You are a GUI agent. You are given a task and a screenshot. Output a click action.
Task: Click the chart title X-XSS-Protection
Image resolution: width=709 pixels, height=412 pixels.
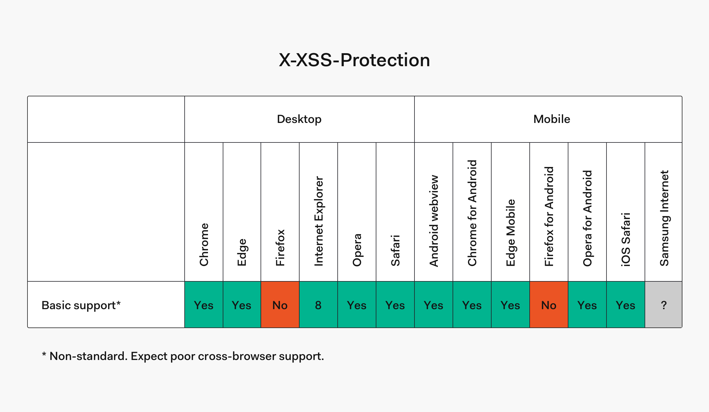[354, 60]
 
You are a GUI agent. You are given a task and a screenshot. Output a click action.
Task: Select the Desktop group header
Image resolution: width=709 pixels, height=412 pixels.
[299, 119]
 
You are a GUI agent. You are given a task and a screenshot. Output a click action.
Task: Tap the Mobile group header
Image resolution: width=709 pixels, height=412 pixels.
[552, 119]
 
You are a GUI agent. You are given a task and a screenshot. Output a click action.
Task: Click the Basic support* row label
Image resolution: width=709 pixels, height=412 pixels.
[81, 305]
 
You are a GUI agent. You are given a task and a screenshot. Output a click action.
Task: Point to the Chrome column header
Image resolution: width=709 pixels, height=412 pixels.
[204, 245]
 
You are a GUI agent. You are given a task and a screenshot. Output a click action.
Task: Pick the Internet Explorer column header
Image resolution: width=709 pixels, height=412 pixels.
[318, 221]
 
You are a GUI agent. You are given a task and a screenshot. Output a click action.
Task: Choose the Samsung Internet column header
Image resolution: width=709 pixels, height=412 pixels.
[664, 218]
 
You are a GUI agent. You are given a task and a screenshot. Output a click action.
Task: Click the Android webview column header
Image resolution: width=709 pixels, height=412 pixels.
[434, 221]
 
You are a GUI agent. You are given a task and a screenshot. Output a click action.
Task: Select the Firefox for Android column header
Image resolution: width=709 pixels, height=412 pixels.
[549, 216]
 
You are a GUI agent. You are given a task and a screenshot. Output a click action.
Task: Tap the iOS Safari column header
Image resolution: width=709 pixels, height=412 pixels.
[626, 239]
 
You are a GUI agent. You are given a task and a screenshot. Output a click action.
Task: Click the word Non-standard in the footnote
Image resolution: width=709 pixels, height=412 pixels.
[88, 356]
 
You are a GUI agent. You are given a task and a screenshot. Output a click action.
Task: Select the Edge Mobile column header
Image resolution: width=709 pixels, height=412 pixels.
[510, 233]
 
